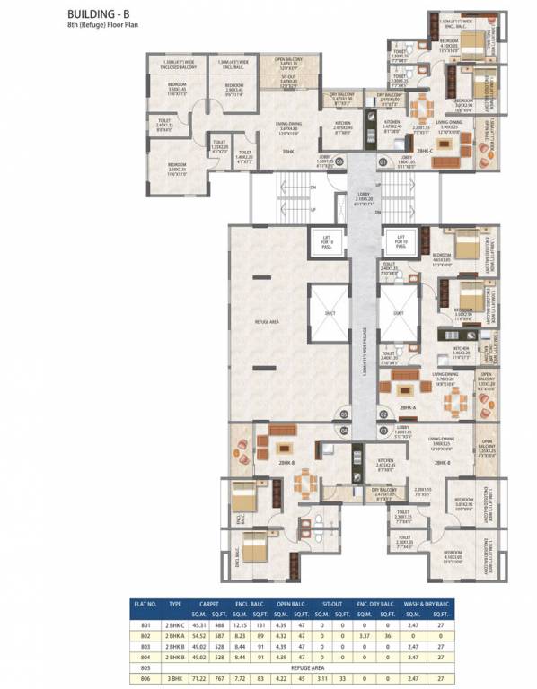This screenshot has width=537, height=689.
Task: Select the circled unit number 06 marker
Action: click(339, 161)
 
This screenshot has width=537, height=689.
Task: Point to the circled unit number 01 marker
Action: click(382, 161)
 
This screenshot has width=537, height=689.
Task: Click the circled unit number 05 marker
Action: click(342, 414)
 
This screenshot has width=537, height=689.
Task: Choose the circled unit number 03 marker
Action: click(382, 431)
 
